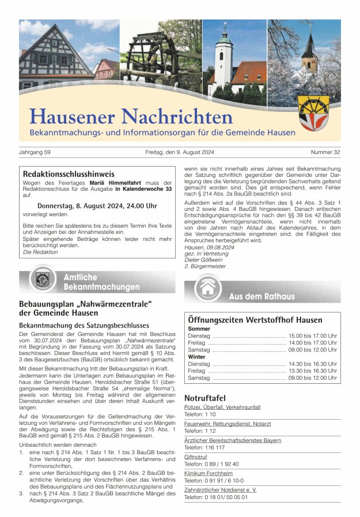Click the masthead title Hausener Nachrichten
tap(131, 116)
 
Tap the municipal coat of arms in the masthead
tap(314, 112)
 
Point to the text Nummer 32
tap(325, 153)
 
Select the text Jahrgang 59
tap(35, 153)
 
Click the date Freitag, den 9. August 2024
tap(180, 153)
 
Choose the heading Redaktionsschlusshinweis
tap(69, 173)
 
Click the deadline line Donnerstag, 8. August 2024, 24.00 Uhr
tap(97, 206)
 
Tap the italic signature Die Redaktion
tap(40, 252)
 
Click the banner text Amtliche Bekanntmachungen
tap(101, 282)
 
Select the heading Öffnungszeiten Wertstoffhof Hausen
tap(255, 320)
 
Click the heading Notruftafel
tap(204, 398)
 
